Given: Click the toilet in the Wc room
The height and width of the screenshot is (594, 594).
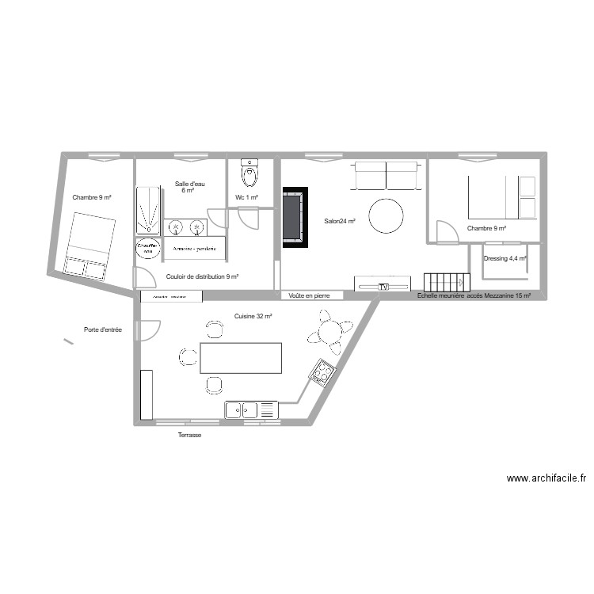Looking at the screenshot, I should tap(250, 172).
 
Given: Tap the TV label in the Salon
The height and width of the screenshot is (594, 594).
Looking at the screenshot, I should tap(384, 287).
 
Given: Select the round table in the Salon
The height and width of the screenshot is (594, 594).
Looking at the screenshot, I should tap(386, 215).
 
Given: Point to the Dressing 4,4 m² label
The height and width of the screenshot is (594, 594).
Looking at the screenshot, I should tap(505, 258).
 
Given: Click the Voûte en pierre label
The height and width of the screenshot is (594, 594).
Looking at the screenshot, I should tap(310, 295).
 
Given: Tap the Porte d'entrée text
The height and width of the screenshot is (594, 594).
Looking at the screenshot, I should tap(103, 329).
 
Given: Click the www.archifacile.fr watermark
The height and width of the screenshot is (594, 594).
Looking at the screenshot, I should tap(546, 478).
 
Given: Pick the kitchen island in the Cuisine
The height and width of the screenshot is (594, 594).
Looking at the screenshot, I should tap(241, 358).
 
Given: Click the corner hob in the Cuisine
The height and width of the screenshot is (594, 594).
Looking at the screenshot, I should tap(322, 371).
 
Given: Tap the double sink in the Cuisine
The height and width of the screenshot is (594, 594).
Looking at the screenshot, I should tap(242, 410).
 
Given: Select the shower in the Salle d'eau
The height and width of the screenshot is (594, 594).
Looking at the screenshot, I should tap(147, 211).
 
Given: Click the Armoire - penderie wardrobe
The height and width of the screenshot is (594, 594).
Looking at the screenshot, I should tap(194, 248).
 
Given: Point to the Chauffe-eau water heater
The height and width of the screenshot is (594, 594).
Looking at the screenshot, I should tap(147, 249).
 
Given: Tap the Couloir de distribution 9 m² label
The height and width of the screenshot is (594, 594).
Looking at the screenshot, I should tap(203, 277).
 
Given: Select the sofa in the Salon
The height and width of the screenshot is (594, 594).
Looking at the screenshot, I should tap(386, 176).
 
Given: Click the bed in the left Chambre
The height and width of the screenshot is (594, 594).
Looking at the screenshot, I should tap(88, 245).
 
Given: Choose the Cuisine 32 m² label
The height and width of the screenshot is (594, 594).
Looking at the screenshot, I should tap(253, 316).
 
